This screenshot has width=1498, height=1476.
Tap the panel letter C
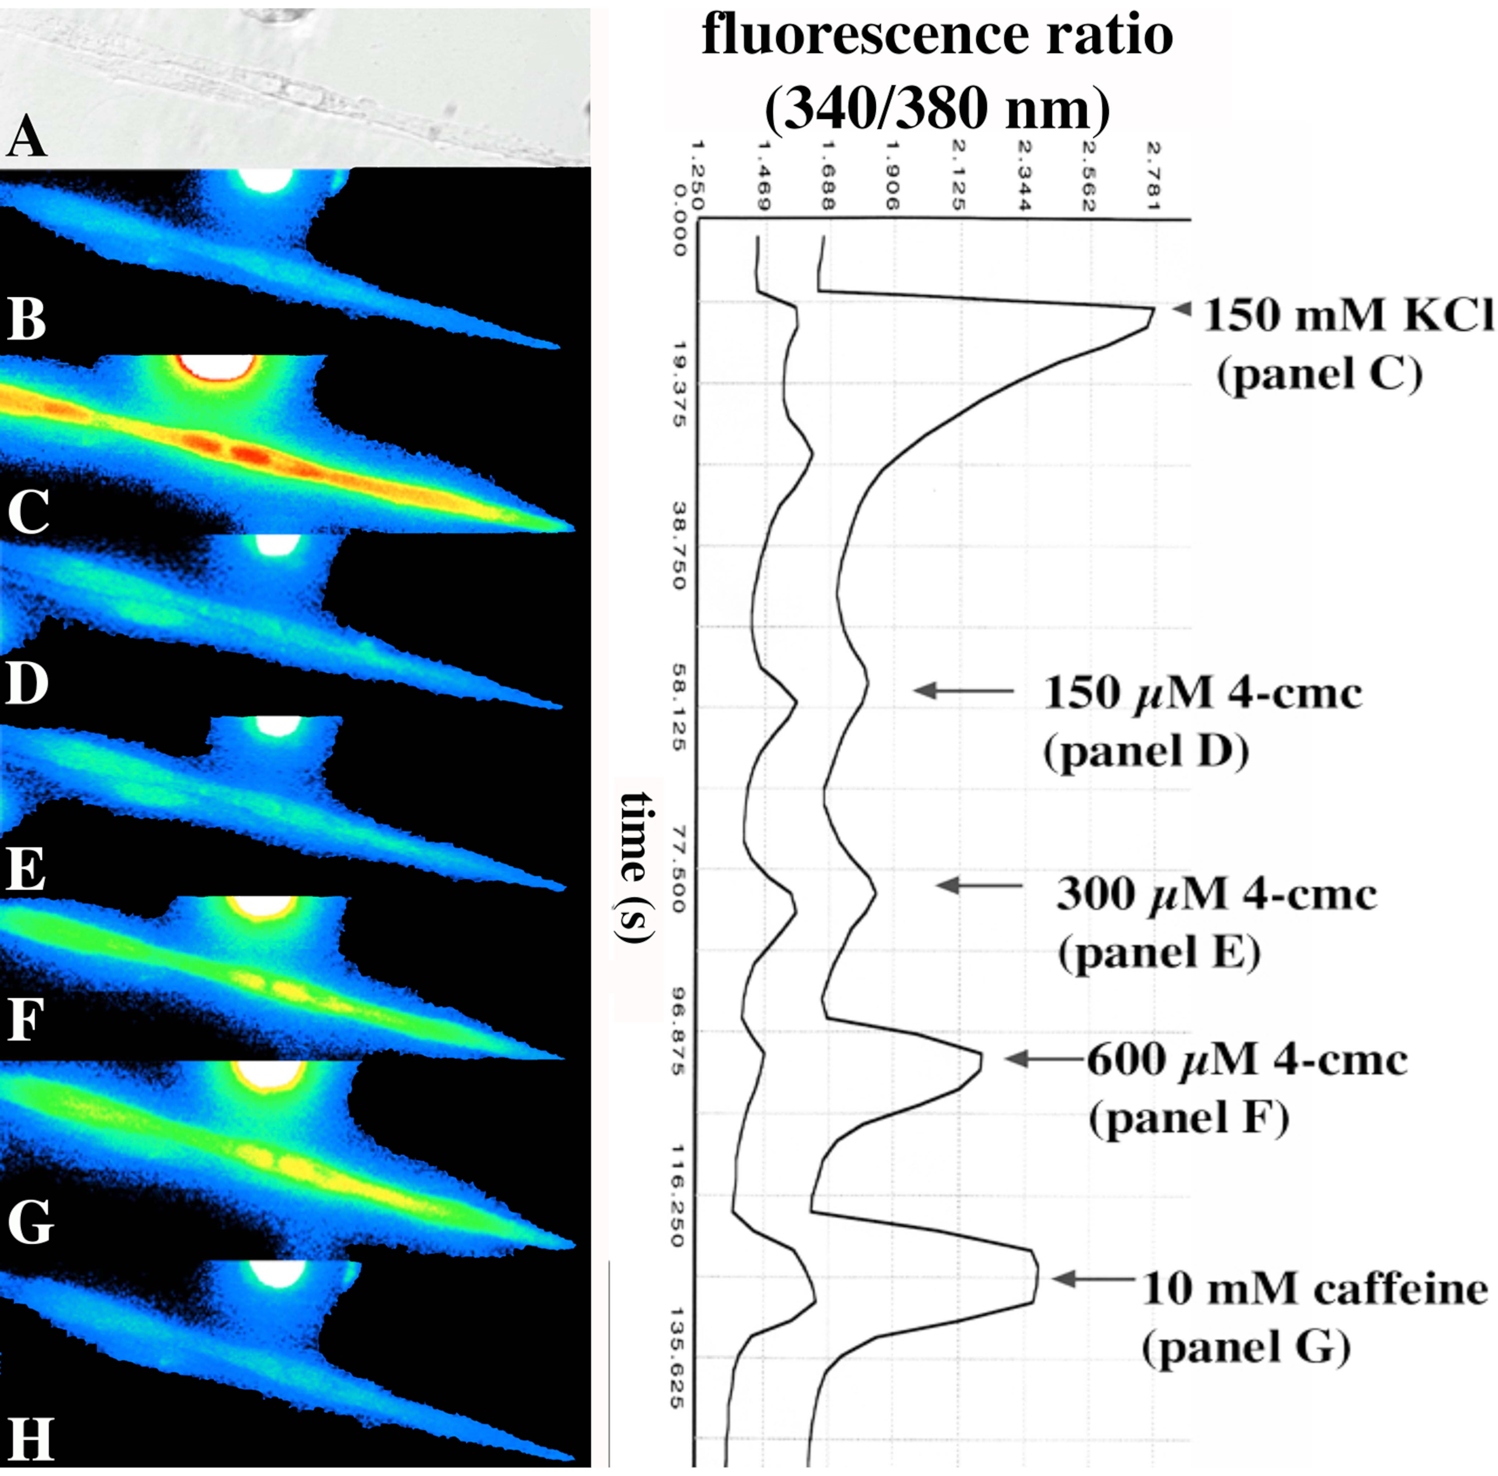[x=28, y=511]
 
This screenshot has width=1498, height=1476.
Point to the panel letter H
[x=29, y=1439]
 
